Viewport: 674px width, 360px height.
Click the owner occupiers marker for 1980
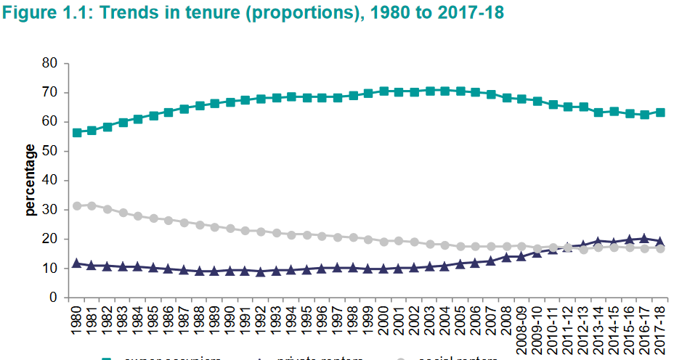pyautogui.click(x=77, y=133)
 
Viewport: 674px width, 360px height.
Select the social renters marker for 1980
pyautogui.click(x=77, y=206)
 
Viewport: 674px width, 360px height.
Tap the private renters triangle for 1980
pyautogui.click(x=77, y=263)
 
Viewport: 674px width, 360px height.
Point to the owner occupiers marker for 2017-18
pyautogui.click(x=660, y=112)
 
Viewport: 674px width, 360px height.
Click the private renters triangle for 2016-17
pyautogui.click(x=644, y=238)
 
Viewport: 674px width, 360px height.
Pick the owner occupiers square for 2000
pyautogui.click(x=384, y=91)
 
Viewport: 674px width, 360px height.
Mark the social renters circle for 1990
pyautogui.click(x=230, y=229)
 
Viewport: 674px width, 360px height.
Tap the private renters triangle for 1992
pyautogui.click(x=261, y=271)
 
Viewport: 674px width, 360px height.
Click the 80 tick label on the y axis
pyautogui.click(x=49, y=63)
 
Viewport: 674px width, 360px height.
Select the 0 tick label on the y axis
pyautogui.click(x=53, y=298)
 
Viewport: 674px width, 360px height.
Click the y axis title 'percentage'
pyautogui.click(x=31, y=180)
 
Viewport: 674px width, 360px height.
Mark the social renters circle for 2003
pyautogui.click(x=430, y=245)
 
